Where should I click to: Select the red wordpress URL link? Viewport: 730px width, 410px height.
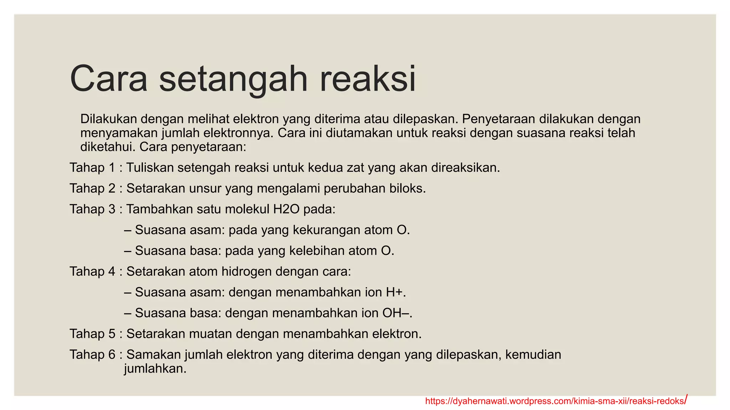(x=555, y=401)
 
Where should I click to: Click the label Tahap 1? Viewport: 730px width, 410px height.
(x=92, y=168)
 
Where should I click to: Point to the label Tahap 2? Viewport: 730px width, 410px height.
(x=92, y=188)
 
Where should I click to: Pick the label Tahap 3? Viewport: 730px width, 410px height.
(x=92, y=209)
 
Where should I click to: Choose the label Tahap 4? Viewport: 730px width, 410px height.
(x=92, y=272)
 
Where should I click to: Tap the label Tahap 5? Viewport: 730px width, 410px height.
(x=92, y=334)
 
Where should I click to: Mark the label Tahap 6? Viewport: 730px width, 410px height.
(x=92, y=355)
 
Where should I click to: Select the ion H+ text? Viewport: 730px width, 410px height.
(x=395, y=293)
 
